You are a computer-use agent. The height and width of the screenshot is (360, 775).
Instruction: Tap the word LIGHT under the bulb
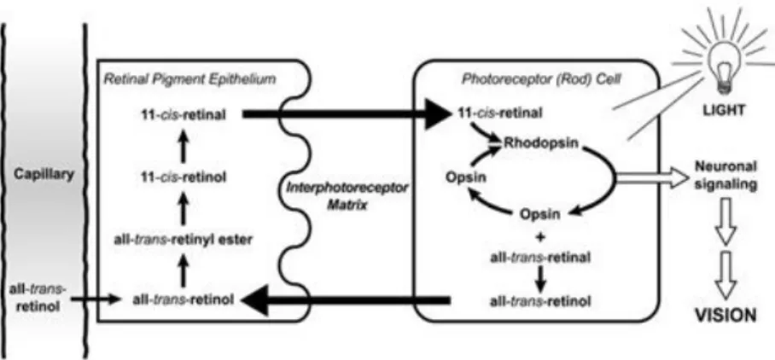click(724, 111)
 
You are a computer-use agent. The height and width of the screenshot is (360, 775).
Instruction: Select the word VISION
click(725, 315)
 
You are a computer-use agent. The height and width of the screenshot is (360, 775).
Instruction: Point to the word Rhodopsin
click(541, 143)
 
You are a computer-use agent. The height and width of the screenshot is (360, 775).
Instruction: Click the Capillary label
click(44, 174)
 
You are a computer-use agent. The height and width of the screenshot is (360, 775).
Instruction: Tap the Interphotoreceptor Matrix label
click(347, 195)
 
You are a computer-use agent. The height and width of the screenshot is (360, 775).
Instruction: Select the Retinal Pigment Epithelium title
click(189, 79)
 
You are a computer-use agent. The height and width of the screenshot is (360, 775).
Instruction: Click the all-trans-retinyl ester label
click(183, 240)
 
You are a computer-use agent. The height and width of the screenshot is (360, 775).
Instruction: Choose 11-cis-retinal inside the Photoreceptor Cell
click(499, 113)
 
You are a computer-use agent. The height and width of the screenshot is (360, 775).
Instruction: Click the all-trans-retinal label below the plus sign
click(539, 258)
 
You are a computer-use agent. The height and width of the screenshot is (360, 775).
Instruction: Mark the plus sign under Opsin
click(540, 237)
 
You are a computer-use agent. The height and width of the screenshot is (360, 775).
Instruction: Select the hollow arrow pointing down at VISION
click(725, 275)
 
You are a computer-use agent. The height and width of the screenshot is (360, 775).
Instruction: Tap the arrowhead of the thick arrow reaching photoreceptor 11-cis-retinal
click(439, 114)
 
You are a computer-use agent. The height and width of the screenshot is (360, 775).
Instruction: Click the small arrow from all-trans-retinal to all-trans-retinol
click(539, 280)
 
